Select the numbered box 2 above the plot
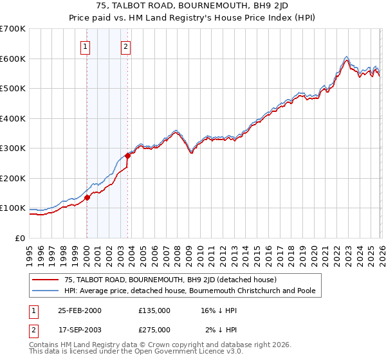pyautogui.click(x=126, y=46)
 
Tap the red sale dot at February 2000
pyautogui.click(x=87, y=198)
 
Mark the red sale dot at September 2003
pyautogui.click(x=128, y=156)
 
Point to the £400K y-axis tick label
pyautogui.click(x=13, y=118)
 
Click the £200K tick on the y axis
pyautogui.click(x=13, y=178)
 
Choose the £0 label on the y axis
pyautogui.click(x=19, y=238)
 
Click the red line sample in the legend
pyautogui.click(x=46, y=280)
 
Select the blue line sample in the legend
pyautogui.click(x=46, y=291)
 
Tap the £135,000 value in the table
pyautogui.click(x=154, y=310)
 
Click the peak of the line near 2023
pyautogui.click(x=346, y=57)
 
